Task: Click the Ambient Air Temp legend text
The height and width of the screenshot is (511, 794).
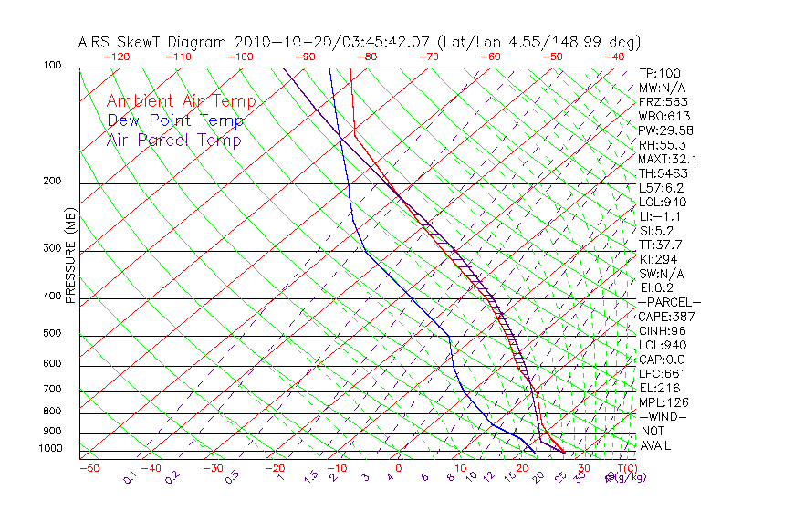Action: tap(181, 102)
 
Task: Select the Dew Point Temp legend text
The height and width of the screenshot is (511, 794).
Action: tap(174, 121)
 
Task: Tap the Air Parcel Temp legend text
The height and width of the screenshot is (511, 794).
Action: tap(173, 141)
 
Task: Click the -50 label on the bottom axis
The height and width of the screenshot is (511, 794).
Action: tap(89, 469)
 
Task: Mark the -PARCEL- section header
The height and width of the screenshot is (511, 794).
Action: tap(669, 302)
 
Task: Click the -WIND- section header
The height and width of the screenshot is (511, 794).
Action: tap(663, 416)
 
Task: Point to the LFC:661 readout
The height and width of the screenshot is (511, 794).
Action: tap(661, 373)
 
